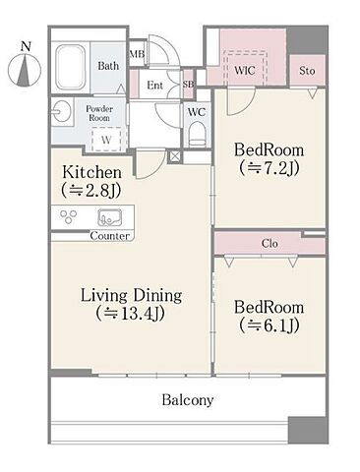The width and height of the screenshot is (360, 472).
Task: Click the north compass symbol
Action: click(25, 67)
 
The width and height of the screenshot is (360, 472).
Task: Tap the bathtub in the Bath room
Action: click(71, 68)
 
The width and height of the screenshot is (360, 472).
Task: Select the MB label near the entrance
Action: click(137, 54)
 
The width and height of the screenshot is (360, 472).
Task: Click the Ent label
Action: click(154, 86)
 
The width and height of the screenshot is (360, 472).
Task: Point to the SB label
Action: click(188, 85)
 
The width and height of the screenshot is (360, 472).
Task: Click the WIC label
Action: click(245, 71)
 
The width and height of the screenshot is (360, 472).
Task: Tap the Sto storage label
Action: click(307, 71)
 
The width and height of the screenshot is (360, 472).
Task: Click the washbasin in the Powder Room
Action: click(61, 111)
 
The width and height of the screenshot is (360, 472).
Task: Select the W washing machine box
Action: click(106, 139)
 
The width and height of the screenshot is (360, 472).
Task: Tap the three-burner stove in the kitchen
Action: click(69, 216)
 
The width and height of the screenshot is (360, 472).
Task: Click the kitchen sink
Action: click(110, 217)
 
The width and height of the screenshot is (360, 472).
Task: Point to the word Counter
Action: click(110, 236)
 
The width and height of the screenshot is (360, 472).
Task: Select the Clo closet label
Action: click(270, 244)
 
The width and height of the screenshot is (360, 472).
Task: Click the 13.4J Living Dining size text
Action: click(130, 314)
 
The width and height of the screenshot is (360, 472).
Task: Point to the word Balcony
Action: click(188, 400)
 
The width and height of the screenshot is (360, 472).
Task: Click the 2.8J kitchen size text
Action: click(91, 191)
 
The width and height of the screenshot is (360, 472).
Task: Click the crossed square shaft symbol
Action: click(174, 156)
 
